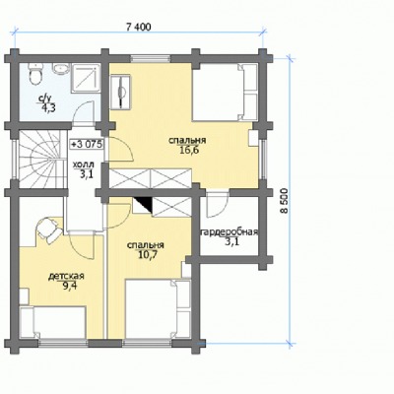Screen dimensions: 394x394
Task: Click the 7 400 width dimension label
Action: click(x=139, y=28)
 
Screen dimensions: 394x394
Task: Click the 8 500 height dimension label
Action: click(x=285, y=201)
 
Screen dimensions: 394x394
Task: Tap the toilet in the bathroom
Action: click(x=35, y=73)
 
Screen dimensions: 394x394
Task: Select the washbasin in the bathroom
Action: click(x=60, y=69)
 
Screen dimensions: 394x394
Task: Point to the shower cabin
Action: click(x=85, y=78)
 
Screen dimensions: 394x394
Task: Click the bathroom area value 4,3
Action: click(x=47, y=107)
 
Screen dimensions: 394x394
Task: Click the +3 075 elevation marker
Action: click(x=87, y=144)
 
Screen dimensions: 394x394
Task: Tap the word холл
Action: click(x=83, y=164)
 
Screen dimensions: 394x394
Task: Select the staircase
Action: click(x=40, y=159)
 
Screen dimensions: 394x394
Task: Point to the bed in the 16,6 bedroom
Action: click(x=225, y=93)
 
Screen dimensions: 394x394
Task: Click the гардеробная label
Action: click(x=229, y=232)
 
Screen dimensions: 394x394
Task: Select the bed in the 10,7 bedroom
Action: click(x=158, y=308)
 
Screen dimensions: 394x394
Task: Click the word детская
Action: click(x=66, y=276)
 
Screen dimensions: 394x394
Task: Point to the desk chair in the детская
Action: click(x=48, y=230)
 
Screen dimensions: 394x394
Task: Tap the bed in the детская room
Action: click(x=53, y=322)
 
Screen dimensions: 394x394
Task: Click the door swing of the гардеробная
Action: click(x=218, y=205)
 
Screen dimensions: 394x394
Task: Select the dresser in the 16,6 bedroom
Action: click(x=120, y=92)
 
